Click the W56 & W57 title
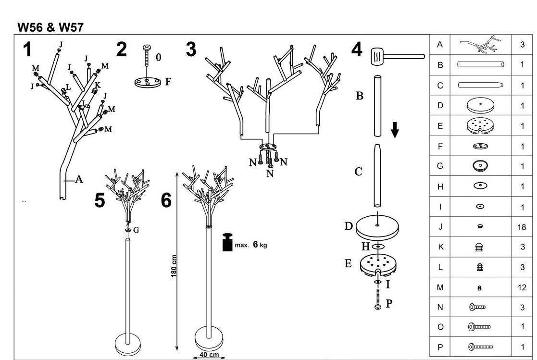point(50,27)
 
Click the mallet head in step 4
point(377,57)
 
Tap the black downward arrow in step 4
point(395,130)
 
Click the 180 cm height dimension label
point(174,266)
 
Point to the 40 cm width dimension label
point(209,355)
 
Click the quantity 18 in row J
point(522,227)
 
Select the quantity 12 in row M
point(522,287)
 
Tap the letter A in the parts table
point(440,45)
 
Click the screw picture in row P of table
point(480,347)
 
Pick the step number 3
point(191,50)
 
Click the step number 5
point(100,200)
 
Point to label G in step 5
point(136,230)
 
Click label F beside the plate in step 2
point(168,82)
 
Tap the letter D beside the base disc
point(349,226)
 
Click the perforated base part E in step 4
point(378,264)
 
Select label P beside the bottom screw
point(389,303)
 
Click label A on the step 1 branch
point(79,179)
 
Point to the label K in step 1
point(98,85)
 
